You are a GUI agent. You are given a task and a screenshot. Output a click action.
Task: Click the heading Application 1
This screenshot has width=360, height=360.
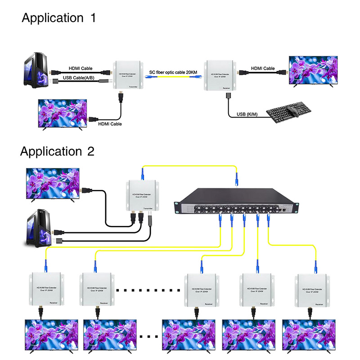(x=58, y=18)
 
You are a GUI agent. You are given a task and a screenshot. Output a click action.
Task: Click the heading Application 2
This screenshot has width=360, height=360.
(x=57, y=151)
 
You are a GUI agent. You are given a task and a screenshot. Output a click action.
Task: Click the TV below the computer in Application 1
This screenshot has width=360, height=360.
(x=62, y=114)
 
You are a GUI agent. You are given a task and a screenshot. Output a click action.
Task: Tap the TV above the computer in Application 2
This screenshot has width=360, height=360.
(x=53, y=184)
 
